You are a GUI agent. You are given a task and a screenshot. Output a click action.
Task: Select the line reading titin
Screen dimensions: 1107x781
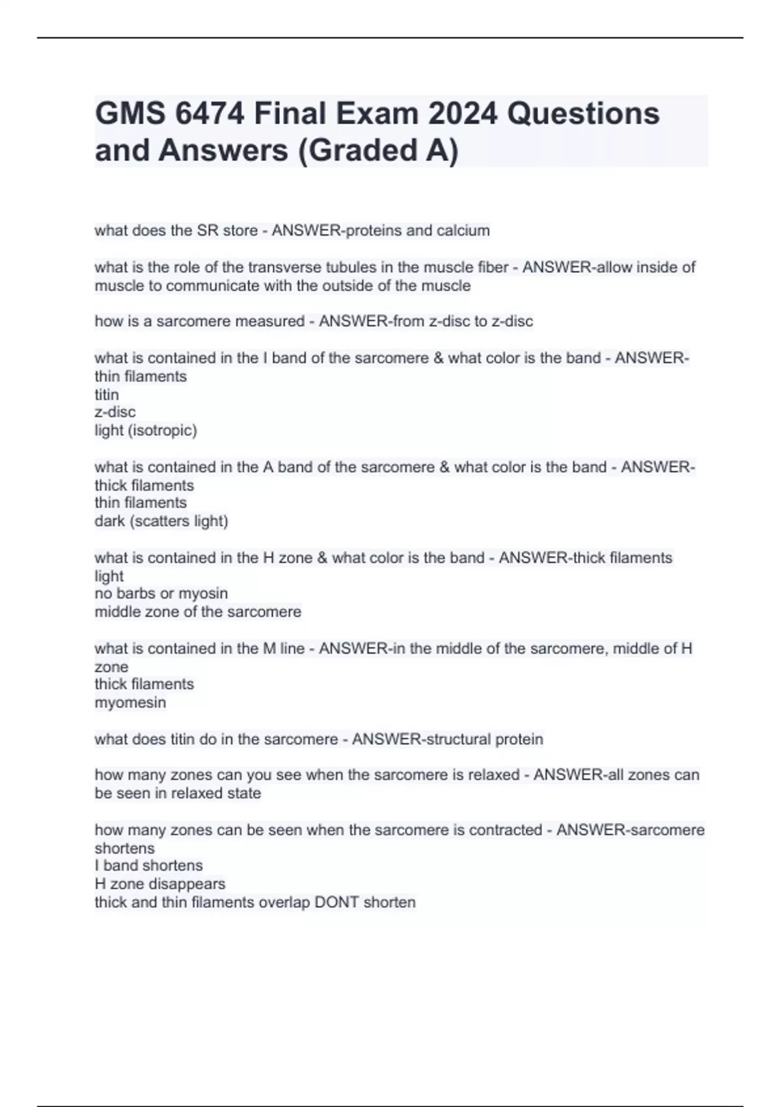tap(107, 395)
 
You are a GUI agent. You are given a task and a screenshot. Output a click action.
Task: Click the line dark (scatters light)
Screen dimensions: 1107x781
tap(161, 521)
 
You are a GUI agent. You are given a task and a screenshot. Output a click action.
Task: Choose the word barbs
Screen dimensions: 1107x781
tap(136, 593)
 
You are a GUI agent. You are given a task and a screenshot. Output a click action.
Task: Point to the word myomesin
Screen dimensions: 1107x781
tap(130, 703)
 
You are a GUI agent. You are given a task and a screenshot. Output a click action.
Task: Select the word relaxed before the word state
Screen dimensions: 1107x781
tap(195, 793)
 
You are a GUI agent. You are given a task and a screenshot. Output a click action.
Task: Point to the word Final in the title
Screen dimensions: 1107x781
tap(290, 114)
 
